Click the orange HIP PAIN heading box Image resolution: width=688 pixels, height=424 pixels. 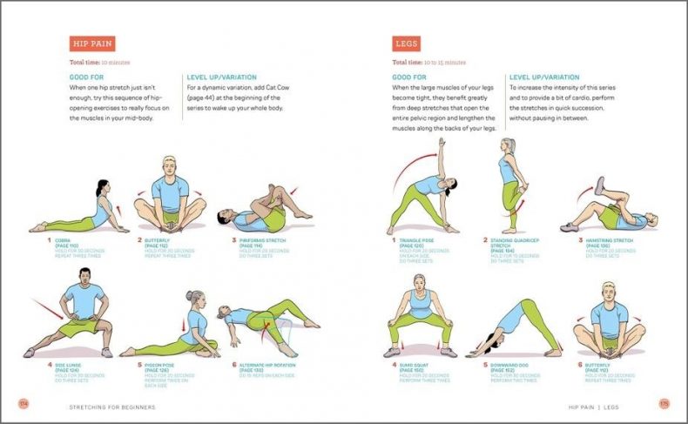coord(92,44)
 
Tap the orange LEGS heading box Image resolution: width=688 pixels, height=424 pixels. coord(407,44)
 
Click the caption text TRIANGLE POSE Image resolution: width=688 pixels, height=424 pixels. coord(417,240)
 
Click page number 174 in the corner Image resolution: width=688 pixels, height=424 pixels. coord(24,403)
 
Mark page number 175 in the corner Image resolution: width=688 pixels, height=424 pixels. coord(664,403)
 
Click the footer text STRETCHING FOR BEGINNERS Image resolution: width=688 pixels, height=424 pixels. coord(113,406)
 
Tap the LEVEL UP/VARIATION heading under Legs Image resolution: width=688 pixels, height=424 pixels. coord(544,77)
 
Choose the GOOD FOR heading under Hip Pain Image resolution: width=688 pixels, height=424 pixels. coord(86,77)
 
